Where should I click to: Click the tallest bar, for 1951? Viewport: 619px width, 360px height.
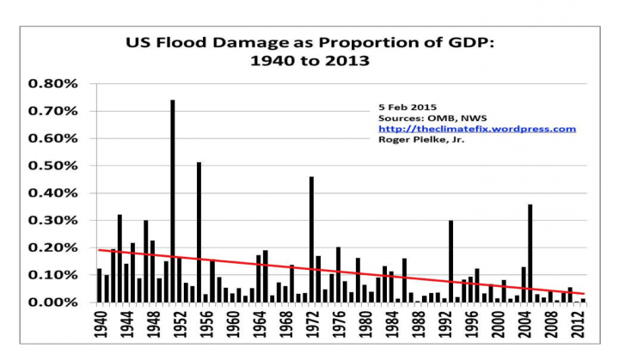pyautogui.click(x=173, y=201)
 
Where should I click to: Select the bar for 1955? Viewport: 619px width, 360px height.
pyautogui.click(x=199, y=232)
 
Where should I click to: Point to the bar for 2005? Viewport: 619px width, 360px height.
pyautogui.click(x=530, y=253)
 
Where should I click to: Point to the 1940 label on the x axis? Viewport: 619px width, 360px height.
pyautogui.click(x=100, y=326)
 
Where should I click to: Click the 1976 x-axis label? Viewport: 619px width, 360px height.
pyautogui.click(x=338, y=326)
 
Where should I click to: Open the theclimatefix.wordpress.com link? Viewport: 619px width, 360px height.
pyautogui.click(x=476, y=129)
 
